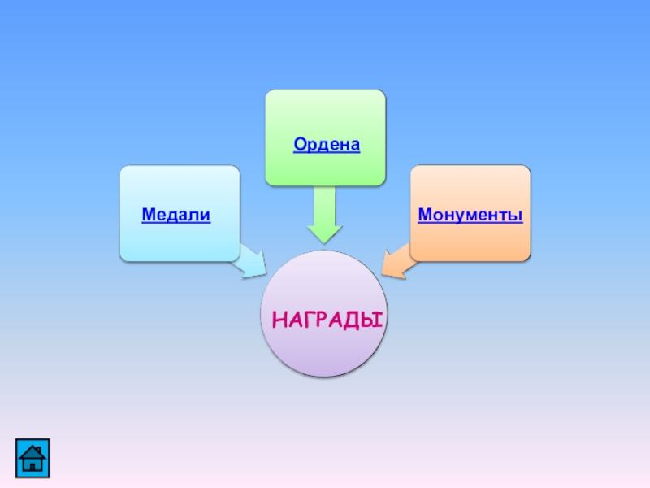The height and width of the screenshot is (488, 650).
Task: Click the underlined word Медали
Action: pos(176,215)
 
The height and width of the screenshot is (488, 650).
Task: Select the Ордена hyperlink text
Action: pos(327,144)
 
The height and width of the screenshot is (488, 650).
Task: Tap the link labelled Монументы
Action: pos(470,215)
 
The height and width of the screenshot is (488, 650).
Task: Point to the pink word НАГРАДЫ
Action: pos(327,318)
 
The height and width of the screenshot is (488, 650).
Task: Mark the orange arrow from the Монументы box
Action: pos(397,263)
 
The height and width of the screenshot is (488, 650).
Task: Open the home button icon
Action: pos(32,456)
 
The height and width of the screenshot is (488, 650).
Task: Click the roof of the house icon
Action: pos(32,448)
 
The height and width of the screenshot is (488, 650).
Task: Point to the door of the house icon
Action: pos(32,464)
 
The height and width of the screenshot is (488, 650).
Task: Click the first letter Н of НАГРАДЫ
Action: pos(279,318)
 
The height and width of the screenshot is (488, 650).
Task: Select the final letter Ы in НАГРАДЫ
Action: pos(375,318)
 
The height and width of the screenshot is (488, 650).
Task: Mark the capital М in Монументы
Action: pos(426,215)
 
